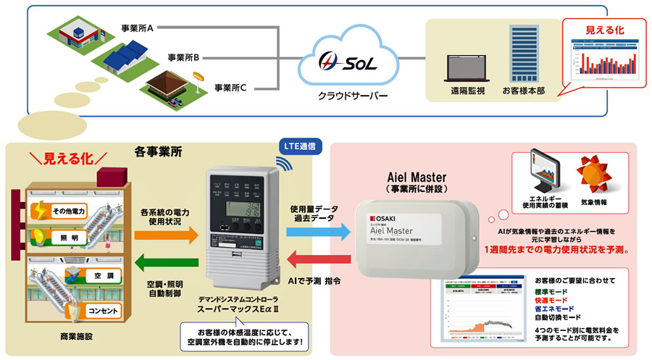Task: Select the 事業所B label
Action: [183, 56]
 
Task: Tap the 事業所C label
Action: [231, 88]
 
